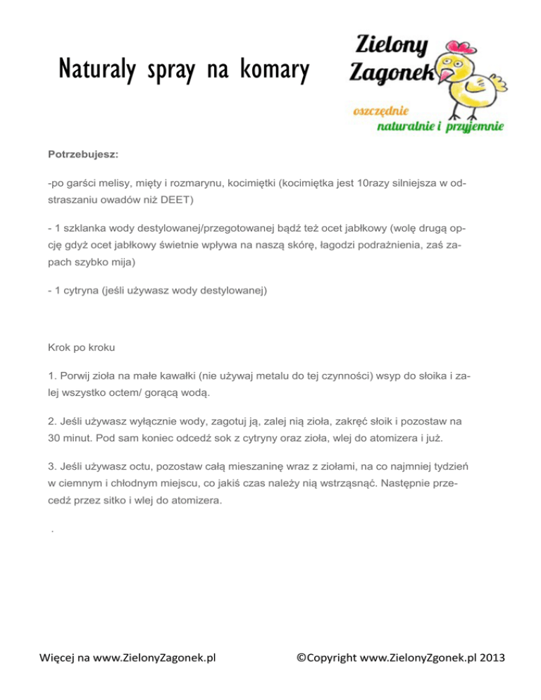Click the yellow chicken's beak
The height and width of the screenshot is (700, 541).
click(x=445, y=73)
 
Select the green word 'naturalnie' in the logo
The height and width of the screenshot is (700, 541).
click(x=409, y=127)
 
